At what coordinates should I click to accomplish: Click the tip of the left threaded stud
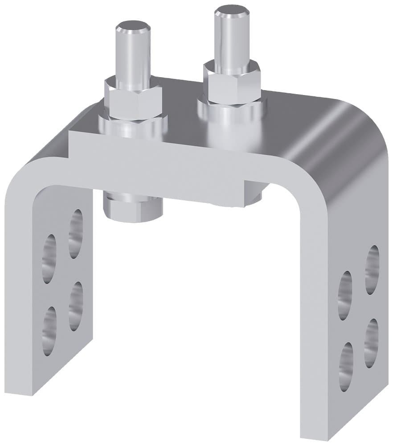point(132,33)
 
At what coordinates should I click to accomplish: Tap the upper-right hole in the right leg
point(372,269)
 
